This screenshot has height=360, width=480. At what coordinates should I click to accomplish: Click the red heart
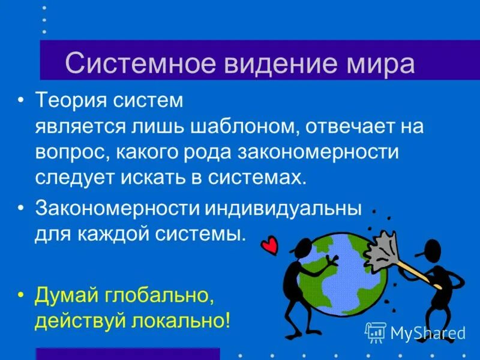[269, 245]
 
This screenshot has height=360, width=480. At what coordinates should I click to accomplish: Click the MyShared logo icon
[375, 332]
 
